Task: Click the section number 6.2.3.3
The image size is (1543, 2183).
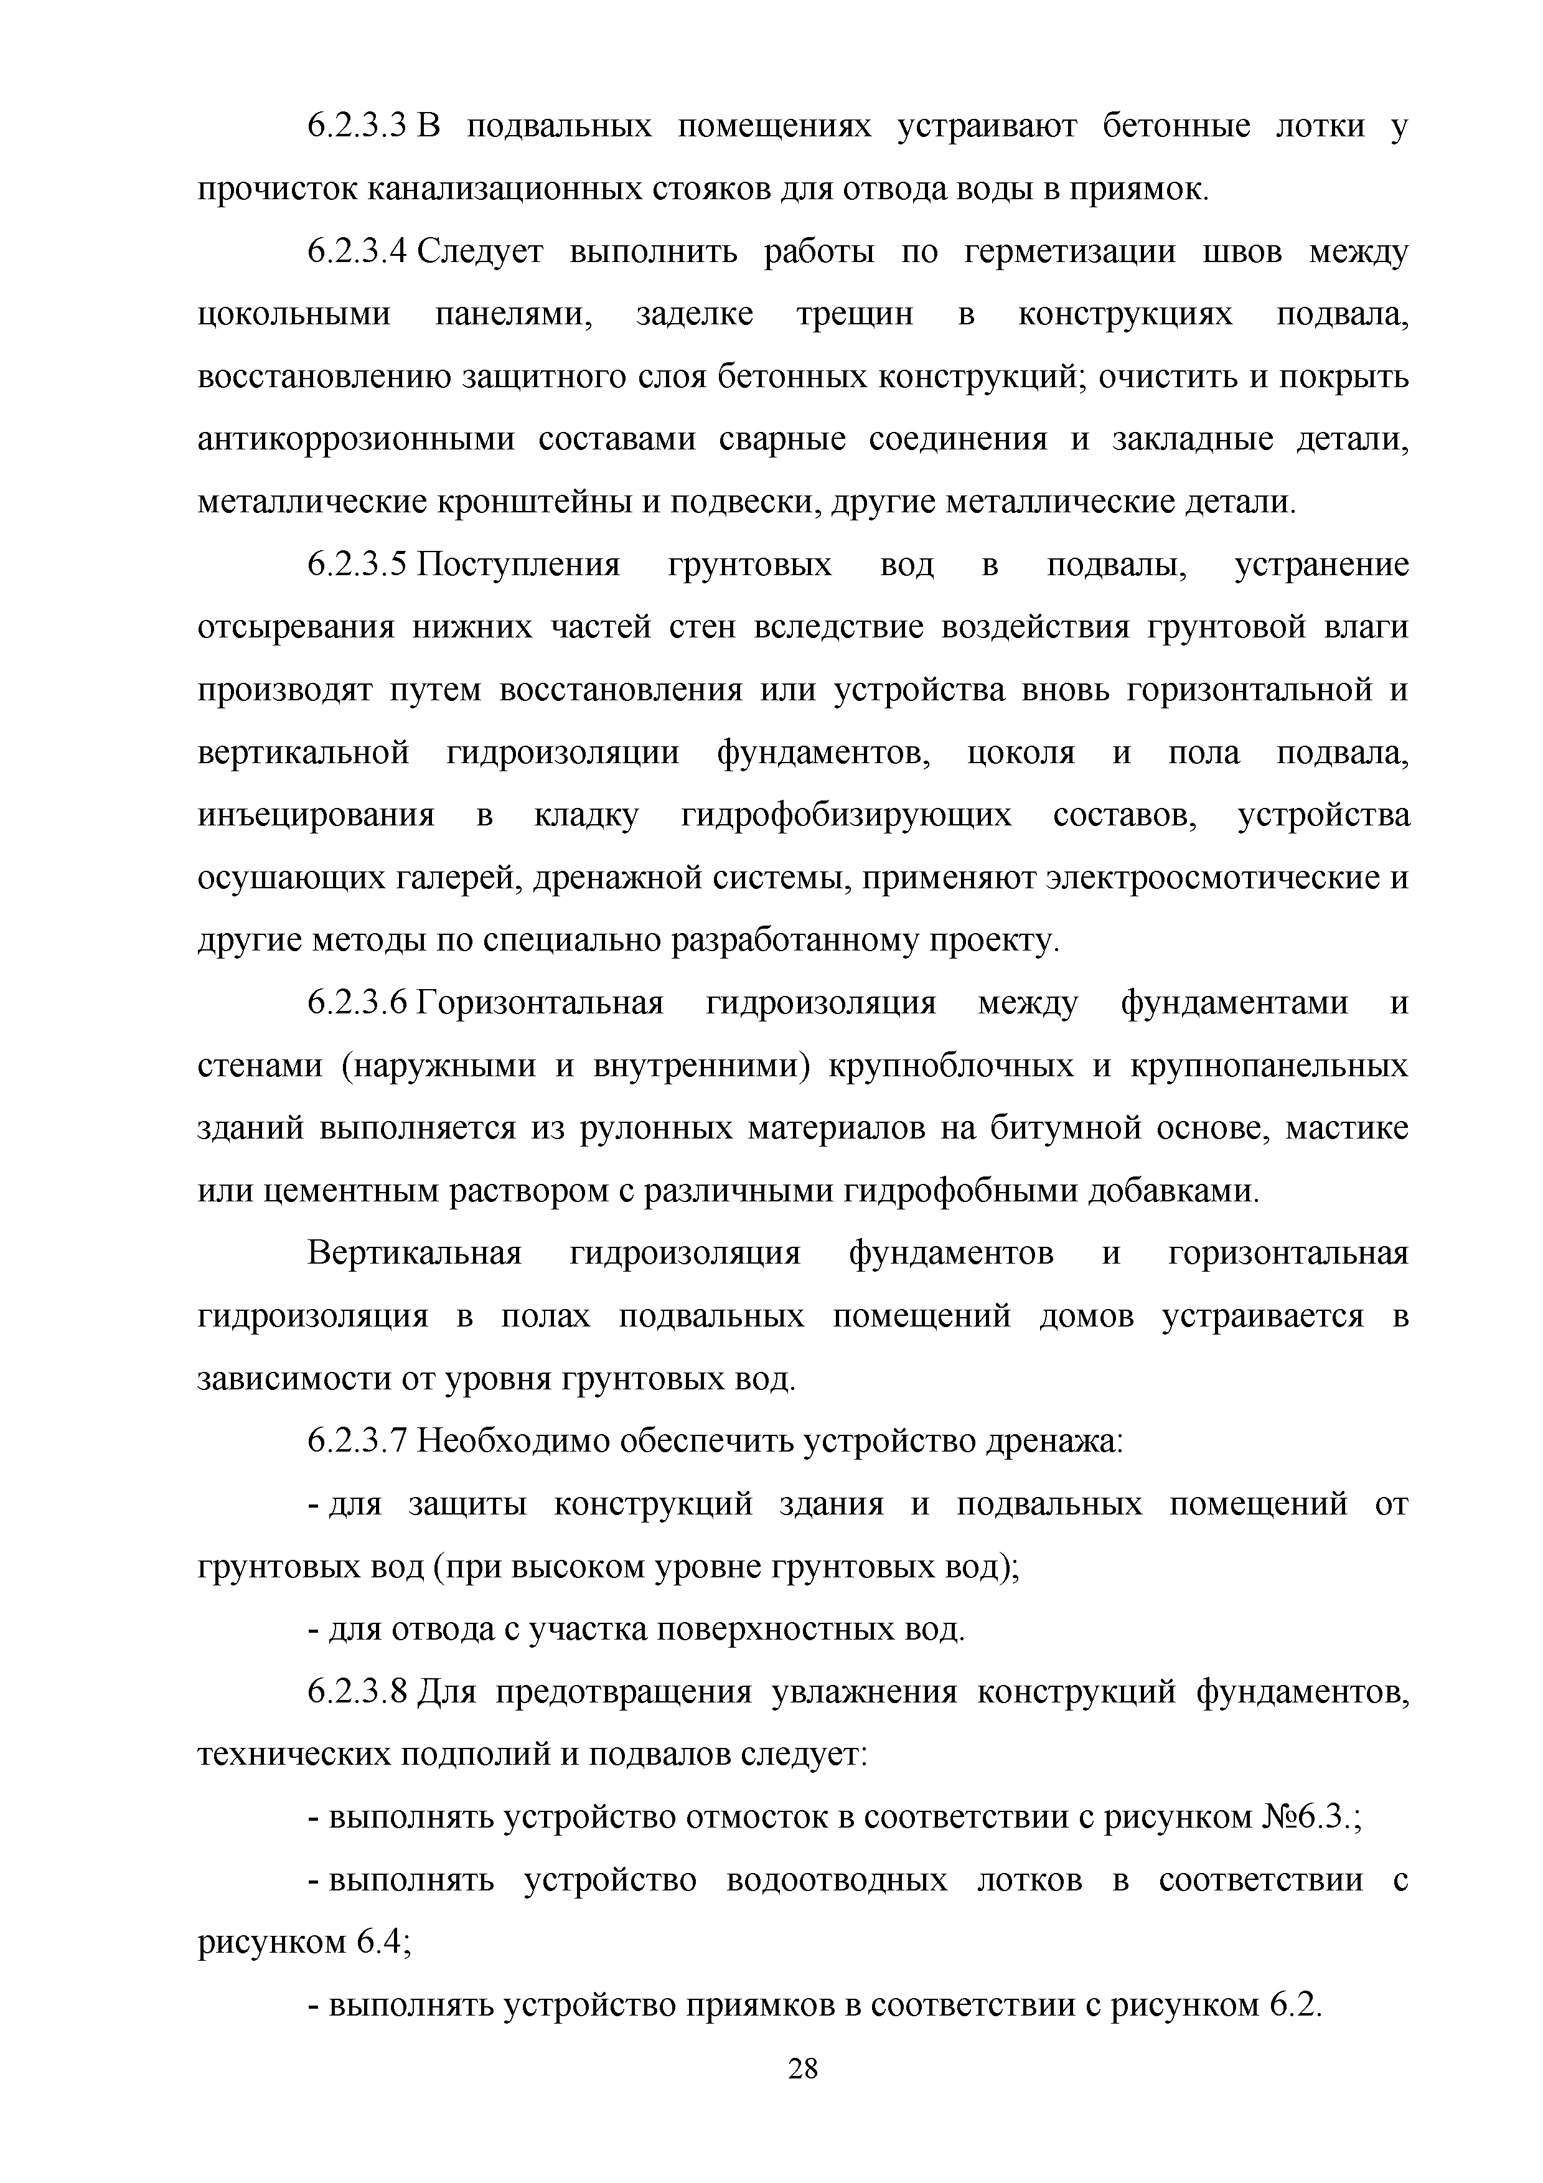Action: (x=357, y=126)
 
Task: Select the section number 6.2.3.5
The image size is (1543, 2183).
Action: (x=357, y=566)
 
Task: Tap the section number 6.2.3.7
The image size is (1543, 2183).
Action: (x=357, y=1442)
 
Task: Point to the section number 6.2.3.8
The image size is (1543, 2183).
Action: (x=357, y=1693)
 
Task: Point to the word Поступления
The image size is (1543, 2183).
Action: (x=519, y=566)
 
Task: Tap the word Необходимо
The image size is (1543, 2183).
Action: (x=514, y=1442)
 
